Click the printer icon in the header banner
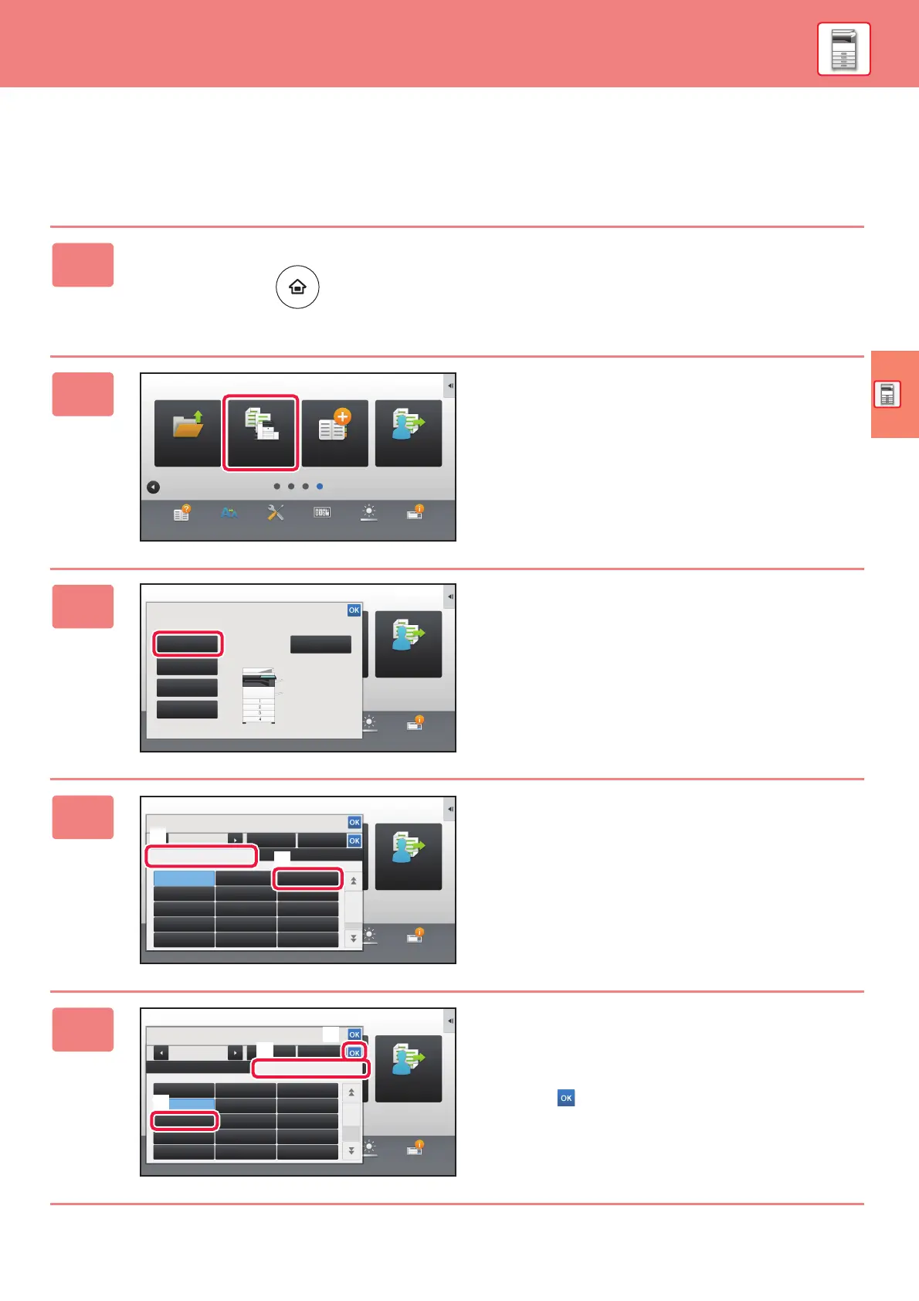pyautogui.click(x=843, y=49)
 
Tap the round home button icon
pyautogui.click(x=297, y=287)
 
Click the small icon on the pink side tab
pyautogui.click(x=887, y=394)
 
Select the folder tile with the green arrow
pyautogui.click(x=188, y=433)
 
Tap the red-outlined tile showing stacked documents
pyautogui.click(x=260, y=432)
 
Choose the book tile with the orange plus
pyautogui.click(x=334, y=433)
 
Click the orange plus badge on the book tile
pyautogui.click(x=343, y=416)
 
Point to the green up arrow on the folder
pyautogui.click(x=198, y=417)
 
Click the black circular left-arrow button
pyautogui.click(x=153, y=487)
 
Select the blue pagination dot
pyautogui.click(x=320, y=487)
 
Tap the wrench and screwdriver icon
pyautogui.click(x=276, y=512)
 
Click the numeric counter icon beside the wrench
pyautogui.click(x=322, y=512)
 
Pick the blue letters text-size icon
pyautogui.click(x=229, y=512)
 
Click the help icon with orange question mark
pyautogui.click(x=181, y=513)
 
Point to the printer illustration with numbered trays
pyautogui.click(x=259, y=695)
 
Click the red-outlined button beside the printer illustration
pyautogui.click(x=188, y=644)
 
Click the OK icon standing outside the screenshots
pyautogui.click(x=566, y=1098)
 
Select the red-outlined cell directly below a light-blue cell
pyautogui.click(x=185, y=1120)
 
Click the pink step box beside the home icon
pyautogui.click(x=83, y=265)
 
